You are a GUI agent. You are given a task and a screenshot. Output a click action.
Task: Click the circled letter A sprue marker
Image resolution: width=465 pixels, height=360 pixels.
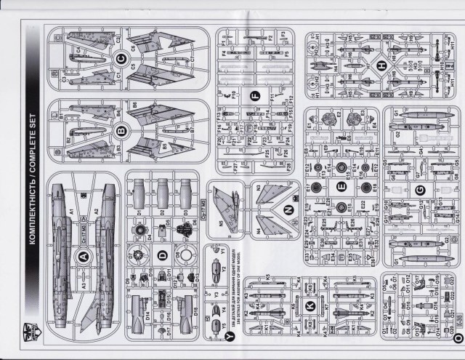pos(82,257)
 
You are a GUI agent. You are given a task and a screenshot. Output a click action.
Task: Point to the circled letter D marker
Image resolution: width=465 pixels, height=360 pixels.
pos(163,255)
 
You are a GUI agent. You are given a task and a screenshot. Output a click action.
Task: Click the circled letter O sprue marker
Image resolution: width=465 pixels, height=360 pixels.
pos(457,338)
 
